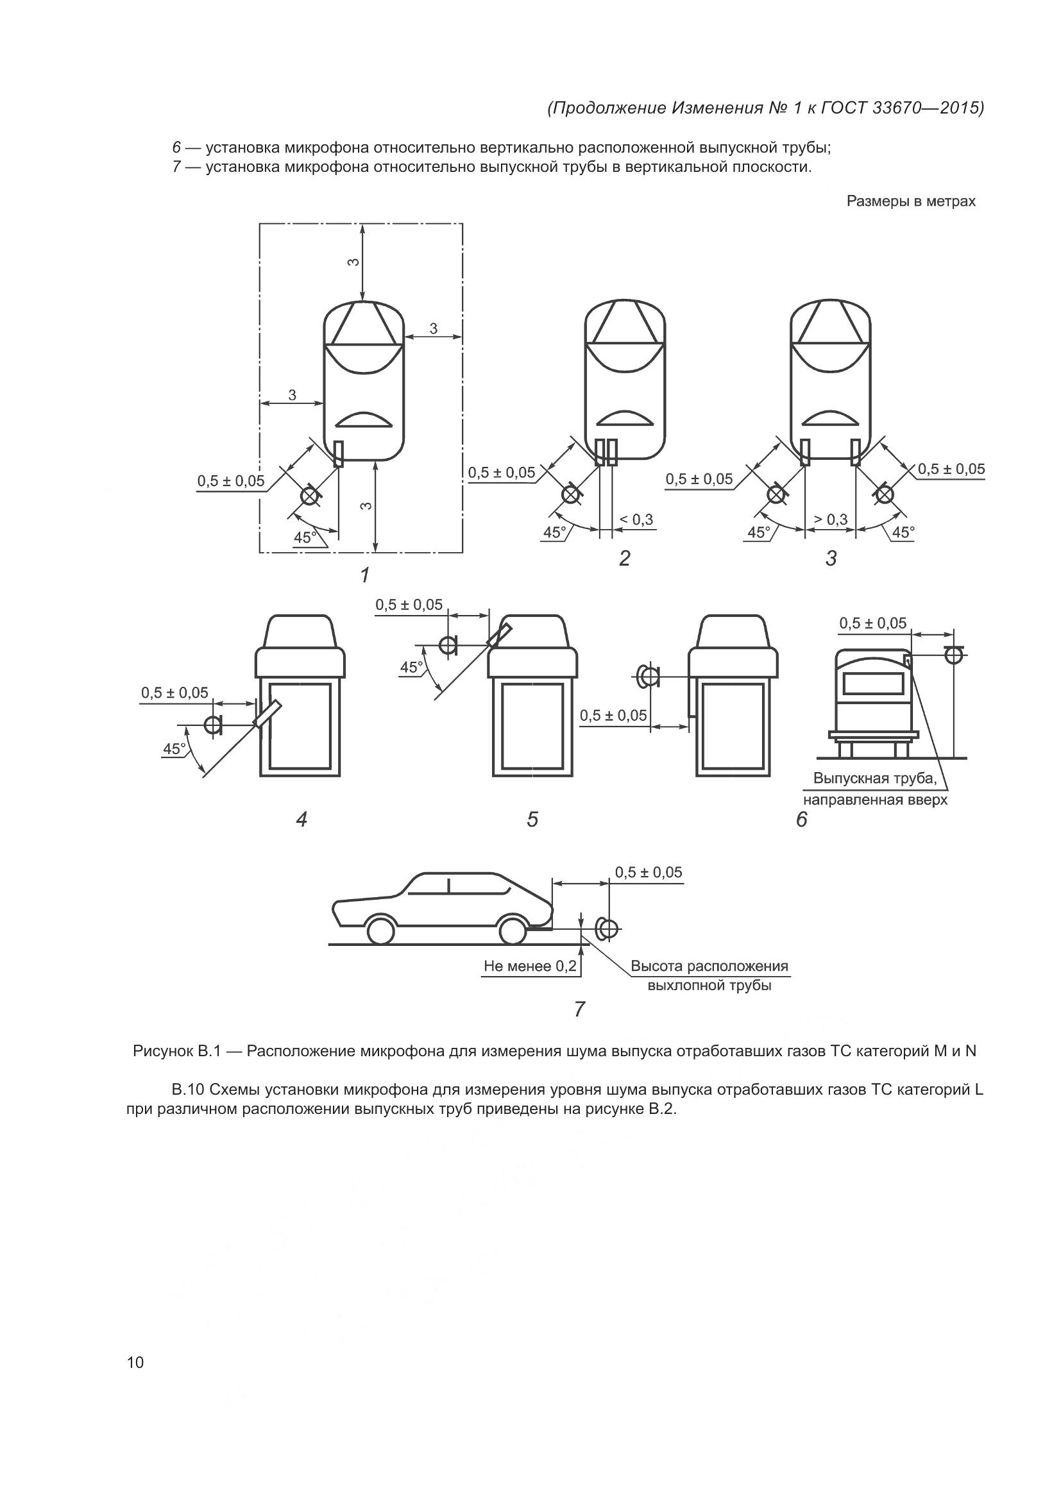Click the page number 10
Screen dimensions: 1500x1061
click(x=135, y=1362)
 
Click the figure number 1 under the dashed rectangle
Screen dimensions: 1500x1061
click(x=364, y=575)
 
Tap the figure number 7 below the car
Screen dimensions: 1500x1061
click(x=579, y=1009)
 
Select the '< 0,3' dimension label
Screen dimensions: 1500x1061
click(x=636, y=519)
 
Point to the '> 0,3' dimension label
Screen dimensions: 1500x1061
click(x=829, y=519)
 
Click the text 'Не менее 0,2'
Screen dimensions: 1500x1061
click(x=530, y=966)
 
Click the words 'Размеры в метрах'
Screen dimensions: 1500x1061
click(x=911, y=201)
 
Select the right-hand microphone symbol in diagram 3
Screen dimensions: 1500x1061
click(x=885, y=494)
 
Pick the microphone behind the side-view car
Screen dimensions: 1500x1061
click(x=607, y=929)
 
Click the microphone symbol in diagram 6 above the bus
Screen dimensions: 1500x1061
click(x=953, y=654)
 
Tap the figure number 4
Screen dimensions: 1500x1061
click(x=301, y=819)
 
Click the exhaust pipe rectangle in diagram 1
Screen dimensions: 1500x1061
click(x=339, y=453)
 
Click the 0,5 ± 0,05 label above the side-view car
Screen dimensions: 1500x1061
click(x=648, y=872)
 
